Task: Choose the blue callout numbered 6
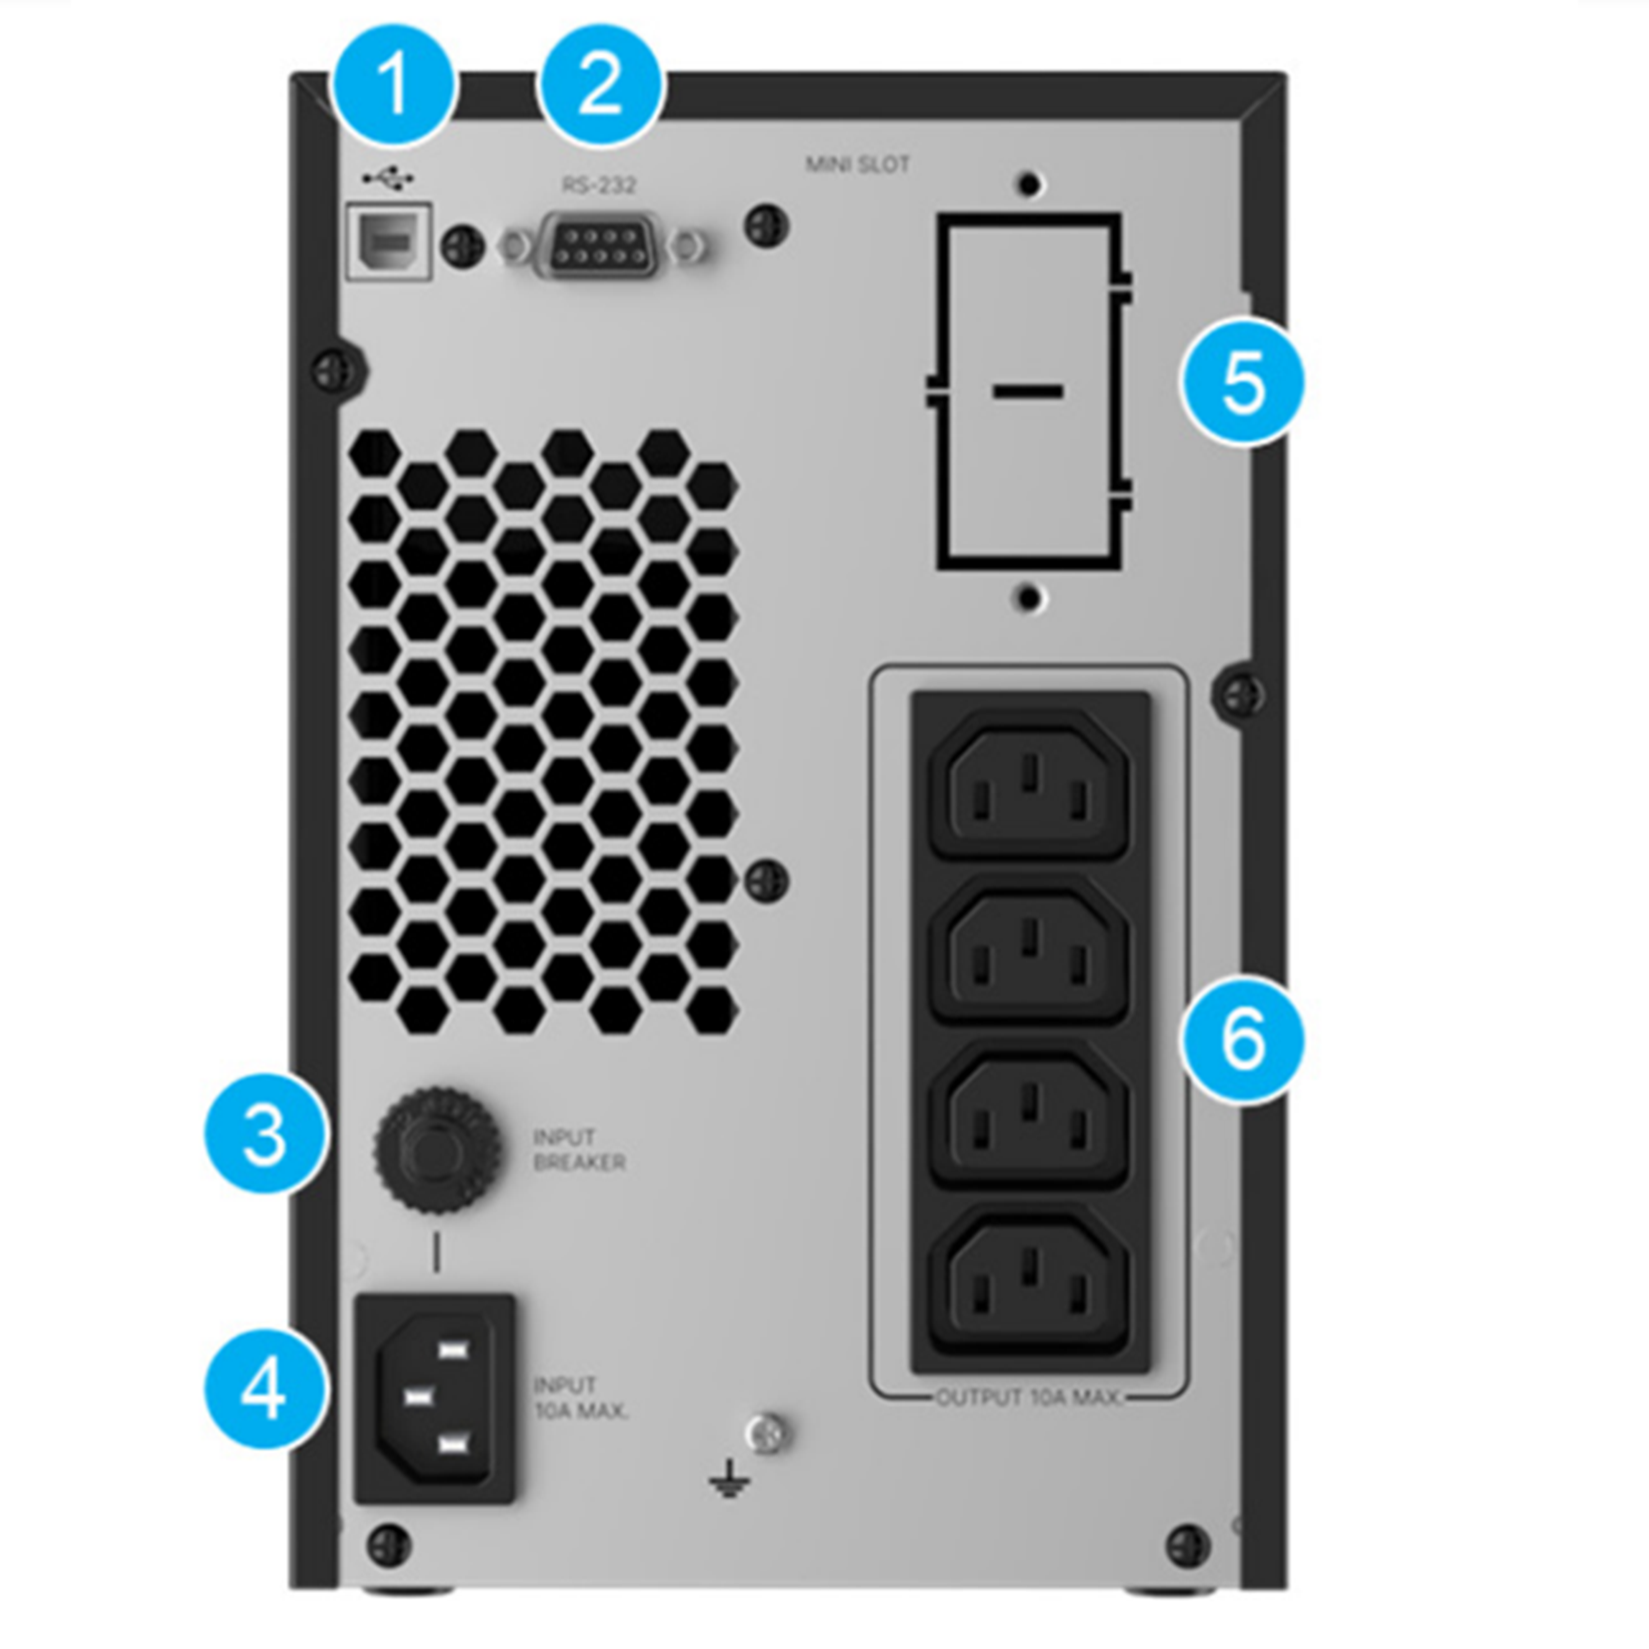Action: (1244, 1040)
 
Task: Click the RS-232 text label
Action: (599, 184)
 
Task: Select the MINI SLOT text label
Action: (858, 164)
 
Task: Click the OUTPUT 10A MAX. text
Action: (1028, 1397)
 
